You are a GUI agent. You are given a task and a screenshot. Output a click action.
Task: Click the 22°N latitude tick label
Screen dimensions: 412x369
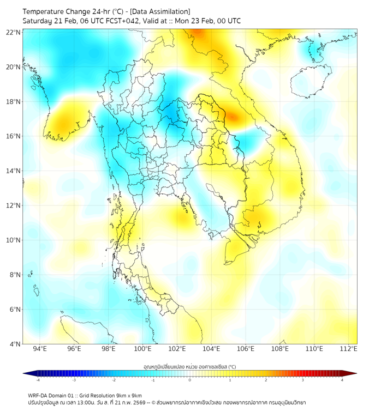[x=14, y=32]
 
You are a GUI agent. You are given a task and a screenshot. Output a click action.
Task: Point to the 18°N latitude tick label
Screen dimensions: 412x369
[x=14, y=101]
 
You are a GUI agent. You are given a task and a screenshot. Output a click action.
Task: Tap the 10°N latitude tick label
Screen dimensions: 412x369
[x=14, y=240]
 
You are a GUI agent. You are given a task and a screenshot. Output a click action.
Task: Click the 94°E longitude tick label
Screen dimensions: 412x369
[x=40, y=349]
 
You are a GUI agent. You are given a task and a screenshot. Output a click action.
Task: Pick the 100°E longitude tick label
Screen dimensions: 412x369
[x=143, y=349]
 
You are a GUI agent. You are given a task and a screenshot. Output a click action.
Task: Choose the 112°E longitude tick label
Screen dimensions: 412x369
[x=349, y=349]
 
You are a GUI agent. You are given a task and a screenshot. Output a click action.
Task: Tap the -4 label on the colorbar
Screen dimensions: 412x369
[x=37, y=380]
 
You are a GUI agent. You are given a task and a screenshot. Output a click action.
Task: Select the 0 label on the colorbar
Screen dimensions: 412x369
[x=190, y=380]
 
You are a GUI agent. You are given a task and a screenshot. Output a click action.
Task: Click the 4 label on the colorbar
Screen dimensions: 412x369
[x=342, y=380]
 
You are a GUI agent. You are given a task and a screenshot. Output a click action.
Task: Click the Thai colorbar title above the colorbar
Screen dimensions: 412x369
[x=189, y=366]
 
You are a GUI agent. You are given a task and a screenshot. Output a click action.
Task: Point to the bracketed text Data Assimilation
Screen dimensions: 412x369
[x=160, y=11]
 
